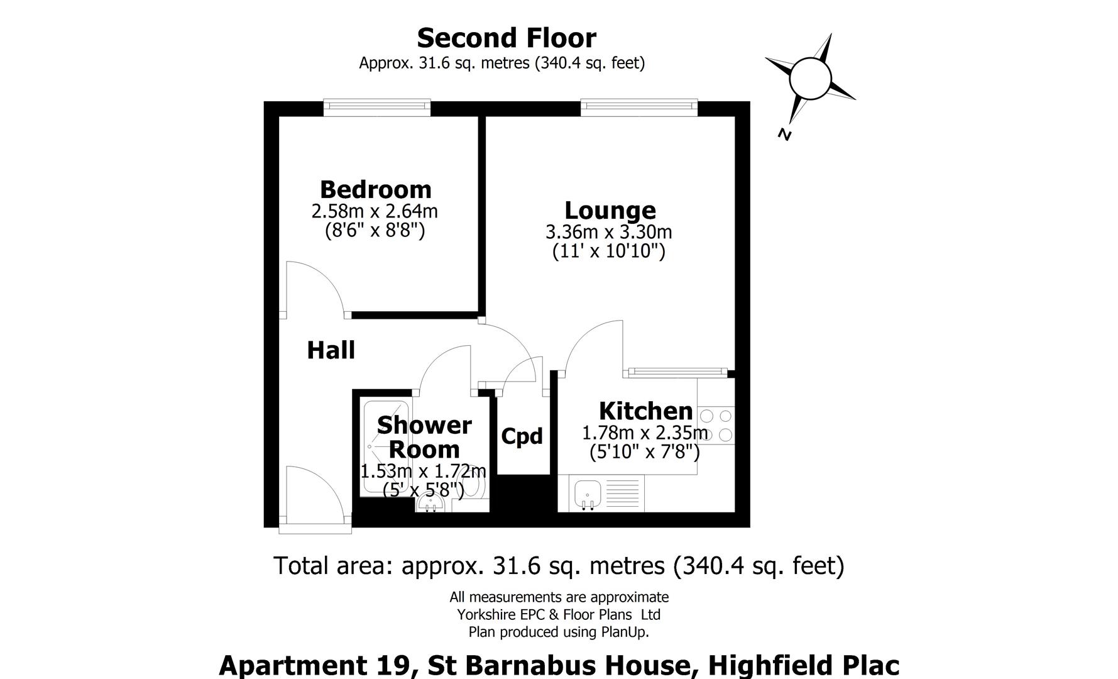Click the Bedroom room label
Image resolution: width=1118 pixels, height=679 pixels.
[x=375, y=189]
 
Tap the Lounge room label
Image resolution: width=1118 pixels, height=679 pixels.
[x=610, y=210]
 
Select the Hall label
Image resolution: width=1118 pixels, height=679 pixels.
[x=331, y=350]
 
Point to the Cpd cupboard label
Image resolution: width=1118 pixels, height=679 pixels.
[x=522, y=436]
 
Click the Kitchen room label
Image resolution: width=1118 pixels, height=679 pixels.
[x=645, y=411]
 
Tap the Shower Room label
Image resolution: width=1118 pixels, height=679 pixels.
[x=424, y=438]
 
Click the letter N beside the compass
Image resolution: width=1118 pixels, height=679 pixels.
[x=784, y=134]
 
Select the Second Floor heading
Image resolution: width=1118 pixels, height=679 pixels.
[x=506, y=38]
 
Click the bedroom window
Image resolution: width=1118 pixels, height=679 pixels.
[x=377, y=107]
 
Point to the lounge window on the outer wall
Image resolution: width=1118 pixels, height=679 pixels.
[x=639, y=107]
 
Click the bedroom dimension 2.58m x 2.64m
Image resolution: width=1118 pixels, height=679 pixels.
[x=375, y=211]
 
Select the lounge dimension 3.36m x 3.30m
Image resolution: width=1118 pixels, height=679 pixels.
[x=608, y=232]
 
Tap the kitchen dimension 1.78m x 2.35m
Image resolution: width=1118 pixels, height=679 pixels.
[x=645, y=433]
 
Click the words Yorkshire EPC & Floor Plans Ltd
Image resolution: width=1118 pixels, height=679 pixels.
[x=558, y=614]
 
